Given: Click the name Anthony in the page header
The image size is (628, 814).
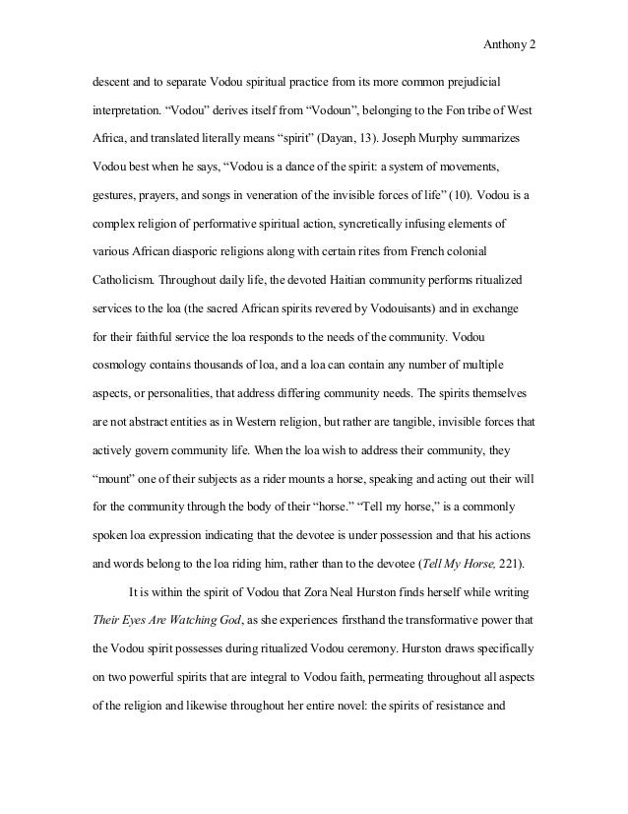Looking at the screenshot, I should pyautogui.click(x=507, y=43).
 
